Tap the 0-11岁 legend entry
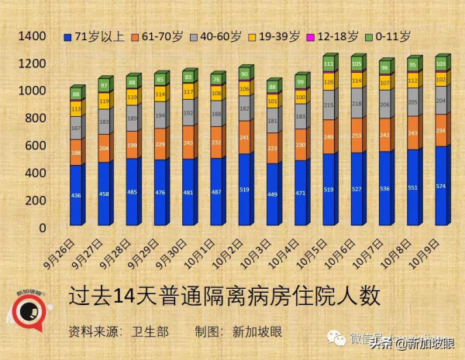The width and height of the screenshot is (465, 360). (392, 36)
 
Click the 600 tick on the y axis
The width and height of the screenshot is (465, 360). (36, 146)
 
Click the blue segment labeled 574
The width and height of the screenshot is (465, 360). (441, 185)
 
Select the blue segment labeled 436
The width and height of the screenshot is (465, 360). (76, 195)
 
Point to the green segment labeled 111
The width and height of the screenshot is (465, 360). (329, 64)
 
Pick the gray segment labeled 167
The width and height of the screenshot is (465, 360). (76, 128)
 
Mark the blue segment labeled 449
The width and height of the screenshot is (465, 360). (272, 194)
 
